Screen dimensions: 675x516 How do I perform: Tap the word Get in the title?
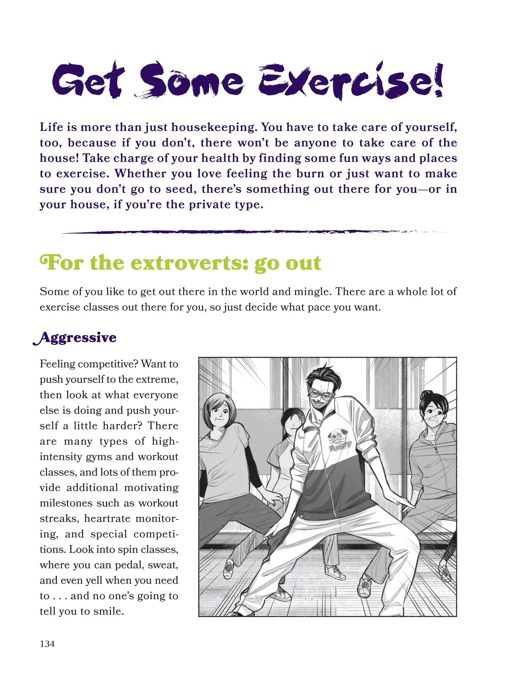point(88,80)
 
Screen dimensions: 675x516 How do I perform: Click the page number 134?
point(47,644)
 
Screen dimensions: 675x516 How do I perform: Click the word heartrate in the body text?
point(107,518)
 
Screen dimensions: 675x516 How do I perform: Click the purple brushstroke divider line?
point(246,232)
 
